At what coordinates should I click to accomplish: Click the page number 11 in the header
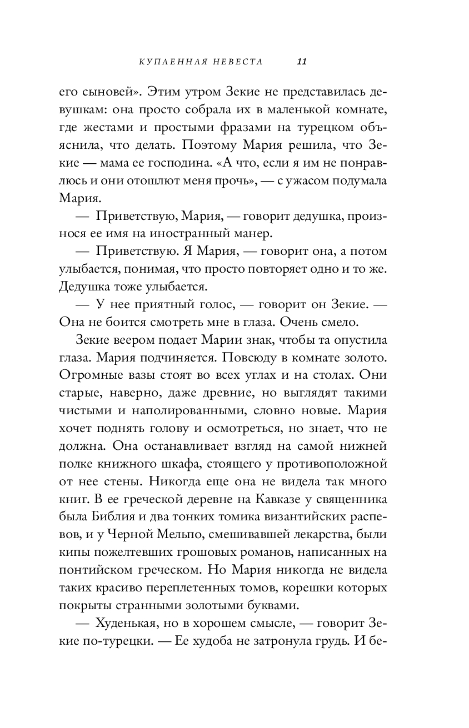pos(302,62)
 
